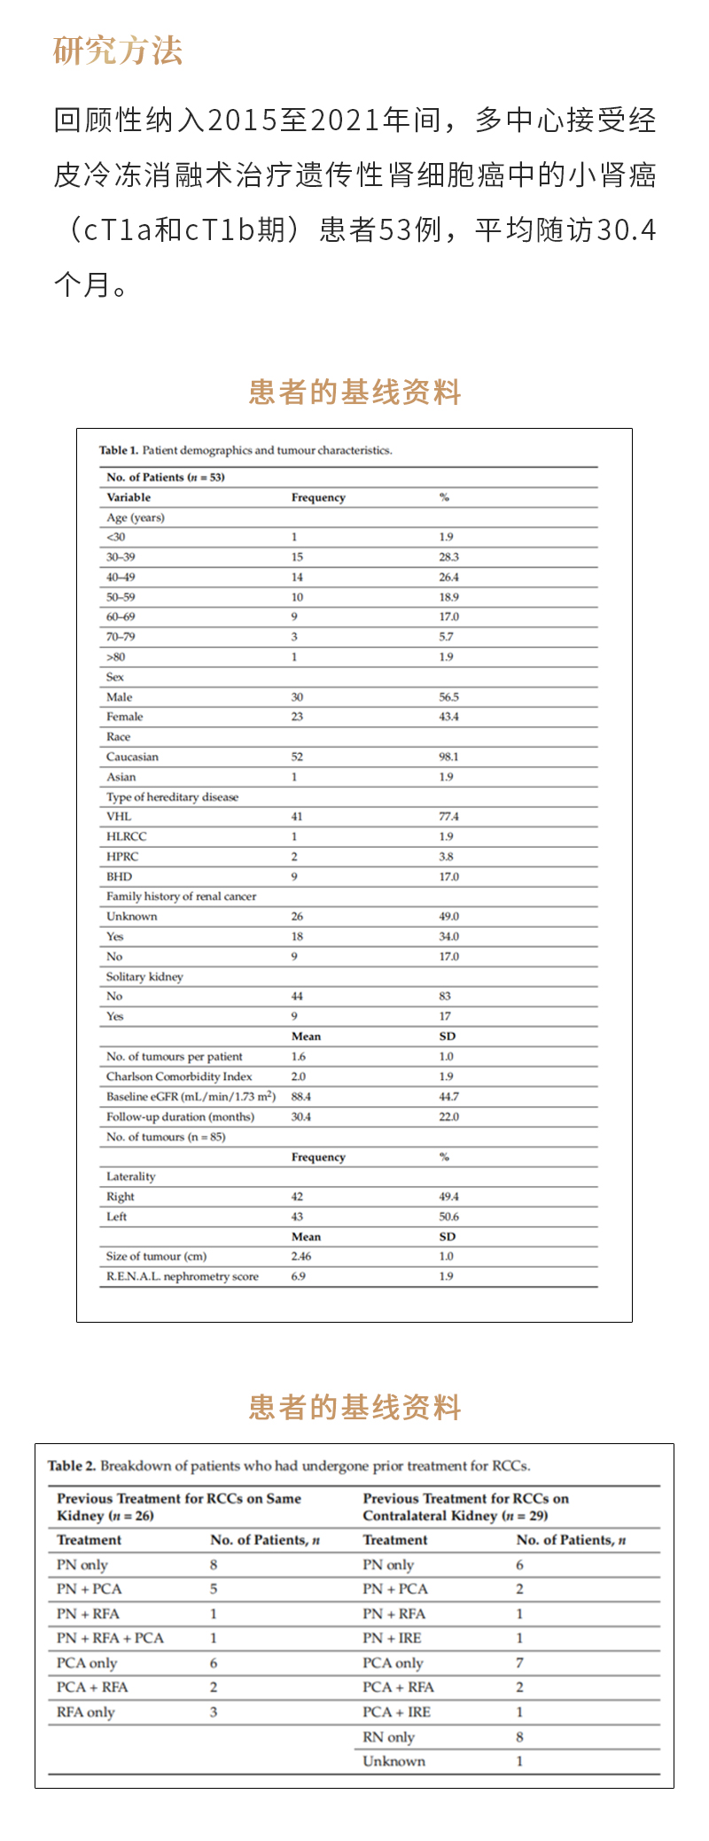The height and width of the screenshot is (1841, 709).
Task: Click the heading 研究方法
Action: click(118, 50)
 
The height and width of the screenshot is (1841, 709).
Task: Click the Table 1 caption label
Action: click(119, 450)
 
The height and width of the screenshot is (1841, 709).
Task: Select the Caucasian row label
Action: click(132, 757)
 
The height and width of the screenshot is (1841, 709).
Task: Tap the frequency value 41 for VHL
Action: click(297, 816)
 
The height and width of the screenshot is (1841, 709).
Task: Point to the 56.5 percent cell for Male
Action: click(448, 696)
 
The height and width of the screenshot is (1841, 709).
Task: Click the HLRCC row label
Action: click(127, 836)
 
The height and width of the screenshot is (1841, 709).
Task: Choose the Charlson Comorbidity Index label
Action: click(179, 1076)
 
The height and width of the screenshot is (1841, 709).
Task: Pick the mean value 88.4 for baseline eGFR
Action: click(301, 1096)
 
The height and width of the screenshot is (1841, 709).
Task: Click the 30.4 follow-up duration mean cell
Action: click(301, 1116)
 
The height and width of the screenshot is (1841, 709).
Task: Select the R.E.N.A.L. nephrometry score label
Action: click(183, 1276)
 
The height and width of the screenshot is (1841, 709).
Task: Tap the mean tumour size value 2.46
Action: click(301, 1256)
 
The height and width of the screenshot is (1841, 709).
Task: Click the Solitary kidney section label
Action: click(144, 976)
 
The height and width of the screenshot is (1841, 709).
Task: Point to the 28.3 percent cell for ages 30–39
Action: click(448, 556)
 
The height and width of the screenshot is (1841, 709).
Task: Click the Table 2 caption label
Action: click(72, 1465)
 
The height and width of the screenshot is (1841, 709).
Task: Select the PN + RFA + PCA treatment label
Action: click(110, 1638)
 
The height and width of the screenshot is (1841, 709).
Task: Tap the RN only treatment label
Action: click(388, 1736)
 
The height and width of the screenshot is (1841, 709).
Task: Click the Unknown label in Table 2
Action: click(393, 1761)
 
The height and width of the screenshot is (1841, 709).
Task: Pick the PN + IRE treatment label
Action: click(392, 1638)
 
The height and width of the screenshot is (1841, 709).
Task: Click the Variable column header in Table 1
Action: click(129, 497)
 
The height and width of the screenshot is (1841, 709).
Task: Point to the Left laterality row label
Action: click(117, 1216)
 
